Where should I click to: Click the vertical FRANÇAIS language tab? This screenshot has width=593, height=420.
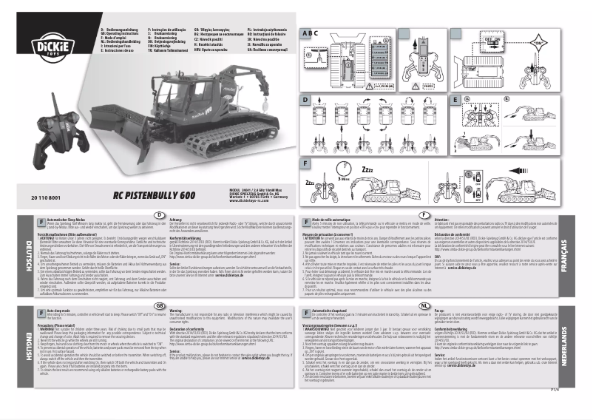click(583, 255)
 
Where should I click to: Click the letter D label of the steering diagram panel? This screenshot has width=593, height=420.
click(304, 98)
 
